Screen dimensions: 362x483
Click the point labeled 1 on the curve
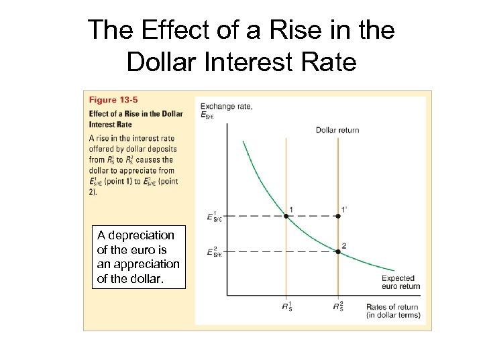(x=286, y=216)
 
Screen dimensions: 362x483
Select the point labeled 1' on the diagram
(x=338, y=216)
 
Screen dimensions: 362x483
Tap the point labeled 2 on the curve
(x=338, y=251)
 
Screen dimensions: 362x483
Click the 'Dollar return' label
(x=337, y=129)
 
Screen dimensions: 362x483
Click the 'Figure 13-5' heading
(x=111, y=100)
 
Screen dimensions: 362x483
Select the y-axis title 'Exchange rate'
(x=226, y=106)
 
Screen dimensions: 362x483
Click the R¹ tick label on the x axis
(x=286, y=308)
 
